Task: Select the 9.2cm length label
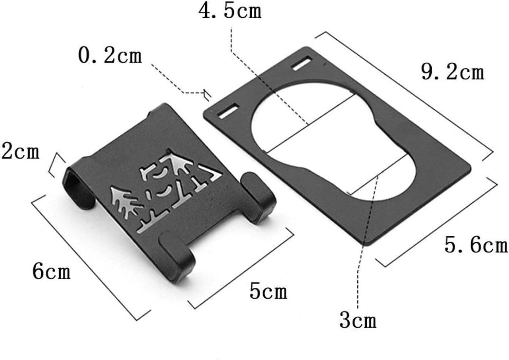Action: pos(453,72)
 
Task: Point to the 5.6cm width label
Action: pos(476,245)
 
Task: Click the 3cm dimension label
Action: pos(358,320)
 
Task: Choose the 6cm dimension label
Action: pos(51,271)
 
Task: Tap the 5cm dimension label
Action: pos(268,291)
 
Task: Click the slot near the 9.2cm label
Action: pos(302,64)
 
